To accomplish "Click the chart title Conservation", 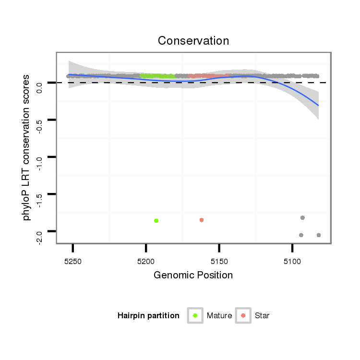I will (193, 40).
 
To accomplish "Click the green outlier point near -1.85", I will (156, 221).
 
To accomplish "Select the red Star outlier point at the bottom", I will (202, 220).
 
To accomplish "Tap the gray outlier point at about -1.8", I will (302, 218).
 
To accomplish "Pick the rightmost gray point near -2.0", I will (319, 235).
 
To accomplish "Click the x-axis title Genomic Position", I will (193, 275).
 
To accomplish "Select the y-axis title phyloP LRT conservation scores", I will (27, 147).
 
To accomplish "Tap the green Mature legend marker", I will (195, 315).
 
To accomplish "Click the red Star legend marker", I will (243, 315).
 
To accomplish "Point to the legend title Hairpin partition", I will (148, 316).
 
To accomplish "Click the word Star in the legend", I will (262, 316).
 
